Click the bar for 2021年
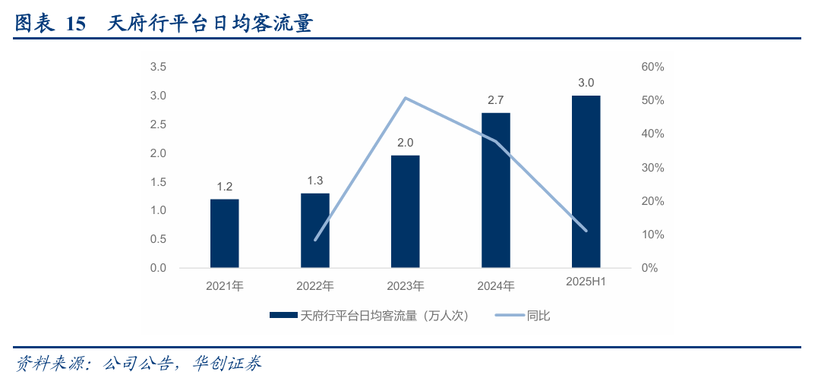point(224,233)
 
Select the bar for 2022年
point(314,230)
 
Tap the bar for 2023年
point(405,211)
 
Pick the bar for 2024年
point(495,190)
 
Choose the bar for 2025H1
point(586,181)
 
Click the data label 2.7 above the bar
point(495,100)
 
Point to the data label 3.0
point(586,83)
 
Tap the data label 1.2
point(224,186)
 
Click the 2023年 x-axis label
point(405,286)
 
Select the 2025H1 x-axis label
point(586,282)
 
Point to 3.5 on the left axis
point(158,67)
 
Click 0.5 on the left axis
point(158,239)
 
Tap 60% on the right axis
point(652,67)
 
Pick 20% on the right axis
point(652,201)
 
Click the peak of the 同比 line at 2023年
point(405,98)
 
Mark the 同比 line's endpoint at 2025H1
point(586,230)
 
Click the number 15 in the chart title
point(76,24)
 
